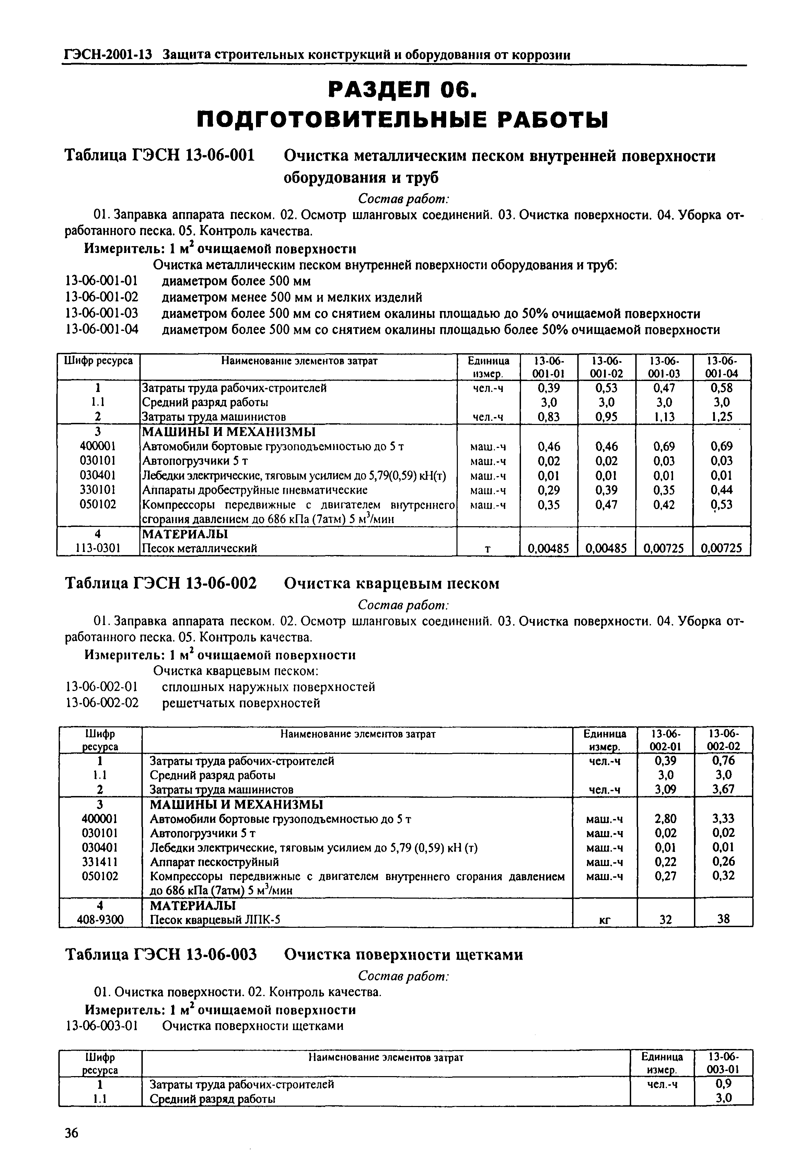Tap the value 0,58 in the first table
pyautogui.click(x=721, y=388)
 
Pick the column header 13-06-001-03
pyautogui.click(x=664, y=367)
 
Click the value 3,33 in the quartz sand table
pyautogui.click(x=723, y=819)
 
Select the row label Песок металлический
pyautogui.click(x=199, y=549)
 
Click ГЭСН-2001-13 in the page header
pyautogui.click(x=108, y=54)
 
